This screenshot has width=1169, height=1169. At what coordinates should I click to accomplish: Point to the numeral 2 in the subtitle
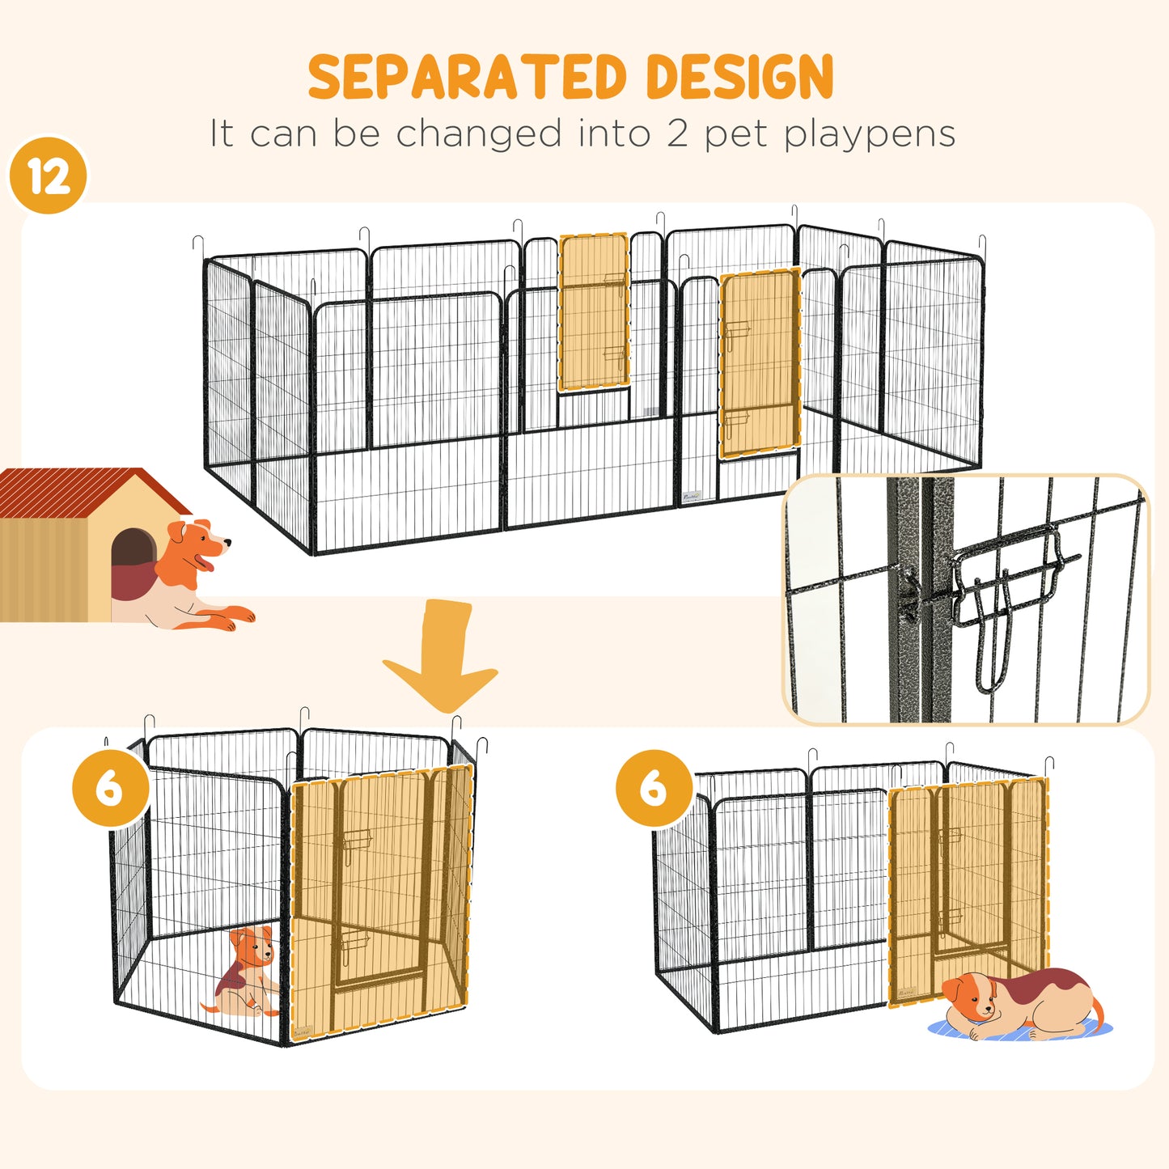[678, 133]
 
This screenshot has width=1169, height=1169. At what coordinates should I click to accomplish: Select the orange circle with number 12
[49, 176]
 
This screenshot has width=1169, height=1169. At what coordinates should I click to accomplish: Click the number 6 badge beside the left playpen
[110, 788]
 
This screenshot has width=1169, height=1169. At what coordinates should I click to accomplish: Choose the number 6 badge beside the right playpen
[654, 788]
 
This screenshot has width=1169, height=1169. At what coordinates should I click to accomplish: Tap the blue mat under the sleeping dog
[955, 1029]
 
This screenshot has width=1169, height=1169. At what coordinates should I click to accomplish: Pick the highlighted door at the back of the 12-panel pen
[594, 312]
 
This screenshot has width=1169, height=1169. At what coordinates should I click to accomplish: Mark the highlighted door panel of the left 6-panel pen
[380, 898]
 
